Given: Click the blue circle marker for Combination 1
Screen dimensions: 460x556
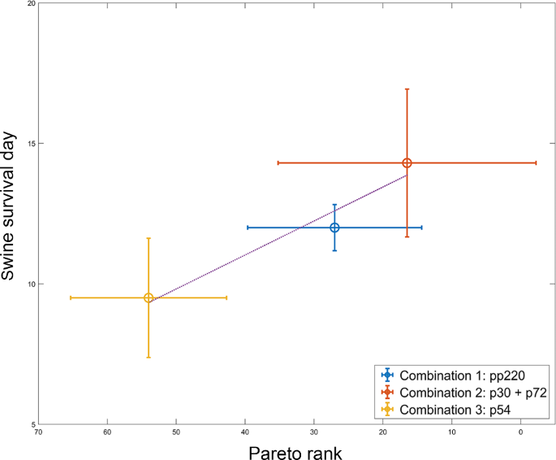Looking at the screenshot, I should coord(334,228).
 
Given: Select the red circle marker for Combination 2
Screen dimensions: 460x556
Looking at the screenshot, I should coord(407,163).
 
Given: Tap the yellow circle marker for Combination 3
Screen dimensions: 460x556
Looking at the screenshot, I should coord(149,297).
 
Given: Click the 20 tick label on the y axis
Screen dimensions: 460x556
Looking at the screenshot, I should coord(30,3).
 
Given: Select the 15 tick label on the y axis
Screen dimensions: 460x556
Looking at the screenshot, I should coord(30,144).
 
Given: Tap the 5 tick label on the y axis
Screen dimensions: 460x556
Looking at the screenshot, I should coord(32,424).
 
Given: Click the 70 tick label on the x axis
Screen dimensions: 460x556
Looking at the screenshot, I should coord(38,433).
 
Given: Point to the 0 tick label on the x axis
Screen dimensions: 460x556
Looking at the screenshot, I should coord(520,433).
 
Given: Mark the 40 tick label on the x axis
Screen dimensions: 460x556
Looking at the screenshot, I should coord(245,433).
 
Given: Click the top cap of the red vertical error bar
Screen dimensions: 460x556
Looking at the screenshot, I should coord(407,89).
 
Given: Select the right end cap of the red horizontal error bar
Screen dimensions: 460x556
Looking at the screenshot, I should coord(536,163).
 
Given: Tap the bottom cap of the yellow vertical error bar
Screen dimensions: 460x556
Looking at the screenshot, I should coord(149,357).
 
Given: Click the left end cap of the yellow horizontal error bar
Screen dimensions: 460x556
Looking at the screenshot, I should coord(71,297).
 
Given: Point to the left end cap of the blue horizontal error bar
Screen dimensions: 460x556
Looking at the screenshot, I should coord(248,228).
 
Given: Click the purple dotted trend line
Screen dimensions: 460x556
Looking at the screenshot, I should coord(244,244).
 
